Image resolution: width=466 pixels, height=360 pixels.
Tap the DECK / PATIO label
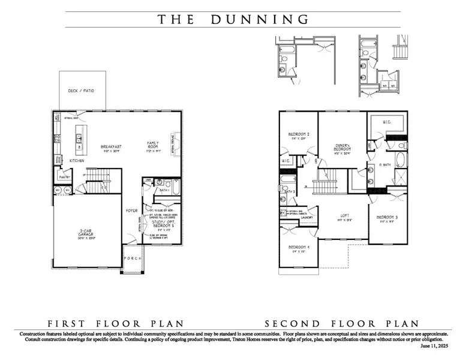click(x=82, y=91)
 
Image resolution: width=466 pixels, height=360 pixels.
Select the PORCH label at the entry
click(x=133, y=259)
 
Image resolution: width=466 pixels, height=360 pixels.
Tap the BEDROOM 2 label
click(x=298, y=136)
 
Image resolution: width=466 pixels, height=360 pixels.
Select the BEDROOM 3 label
click(x=387, y=218)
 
